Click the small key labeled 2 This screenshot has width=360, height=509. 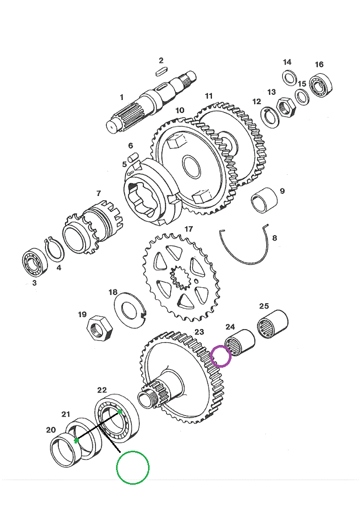161,71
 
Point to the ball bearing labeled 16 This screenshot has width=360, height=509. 321,85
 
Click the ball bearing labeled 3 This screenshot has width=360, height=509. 36,262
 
